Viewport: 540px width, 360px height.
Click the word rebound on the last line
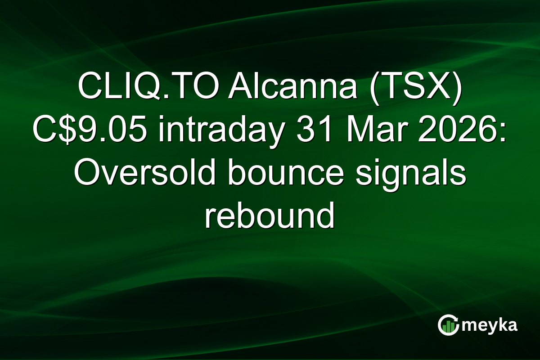coord(270,217)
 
